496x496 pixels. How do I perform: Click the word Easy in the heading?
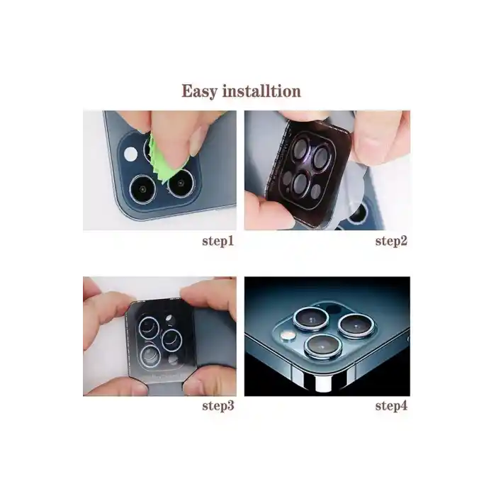(200, 91)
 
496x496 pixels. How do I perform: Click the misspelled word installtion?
(261, 91)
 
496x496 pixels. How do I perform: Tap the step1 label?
(218, 241)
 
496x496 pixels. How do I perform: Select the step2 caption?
(391, 241)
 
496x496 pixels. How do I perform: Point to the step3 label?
(218, 405)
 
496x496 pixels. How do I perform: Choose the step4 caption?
(391, 405)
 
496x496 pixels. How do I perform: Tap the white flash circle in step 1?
(130, 154)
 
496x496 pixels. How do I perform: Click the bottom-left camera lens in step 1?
(143, 189)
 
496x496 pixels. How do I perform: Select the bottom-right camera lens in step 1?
(181, 183)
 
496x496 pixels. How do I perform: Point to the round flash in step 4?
(288, 336)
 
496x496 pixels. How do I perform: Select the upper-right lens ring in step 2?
(322, 157)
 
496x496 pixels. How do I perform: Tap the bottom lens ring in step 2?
(300, 183)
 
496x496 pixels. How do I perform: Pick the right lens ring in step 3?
(171, 341)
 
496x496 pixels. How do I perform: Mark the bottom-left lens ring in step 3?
(151, 356)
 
